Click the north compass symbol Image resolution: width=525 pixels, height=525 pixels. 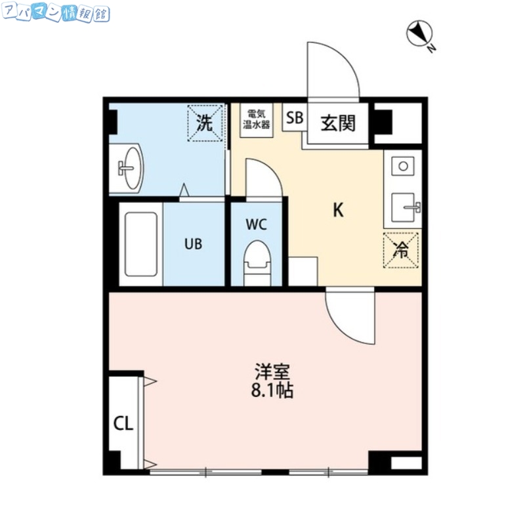tap(418, 33)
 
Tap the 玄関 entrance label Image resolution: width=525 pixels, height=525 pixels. tap(337, 122)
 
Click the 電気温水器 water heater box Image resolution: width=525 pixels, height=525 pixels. tap(256, 120)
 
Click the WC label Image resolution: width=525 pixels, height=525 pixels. tap(256, 224)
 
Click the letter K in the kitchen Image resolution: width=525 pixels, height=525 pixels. tap(338, 210)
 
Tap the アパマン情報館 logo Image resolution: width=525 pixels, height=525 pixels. tap(56, 14)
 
